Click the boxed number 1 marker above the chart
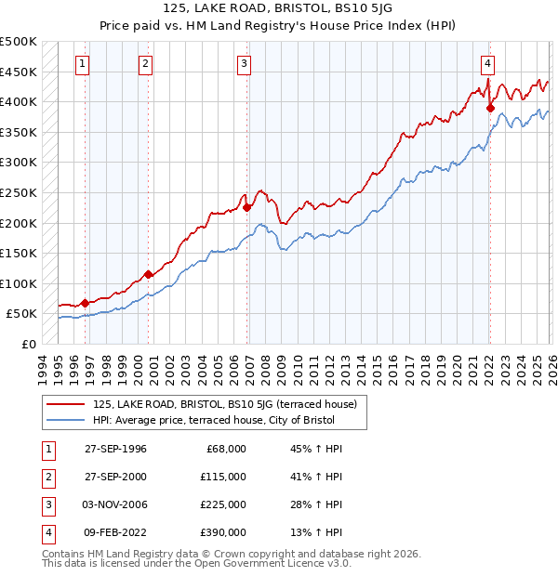(x=84, y=64)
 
